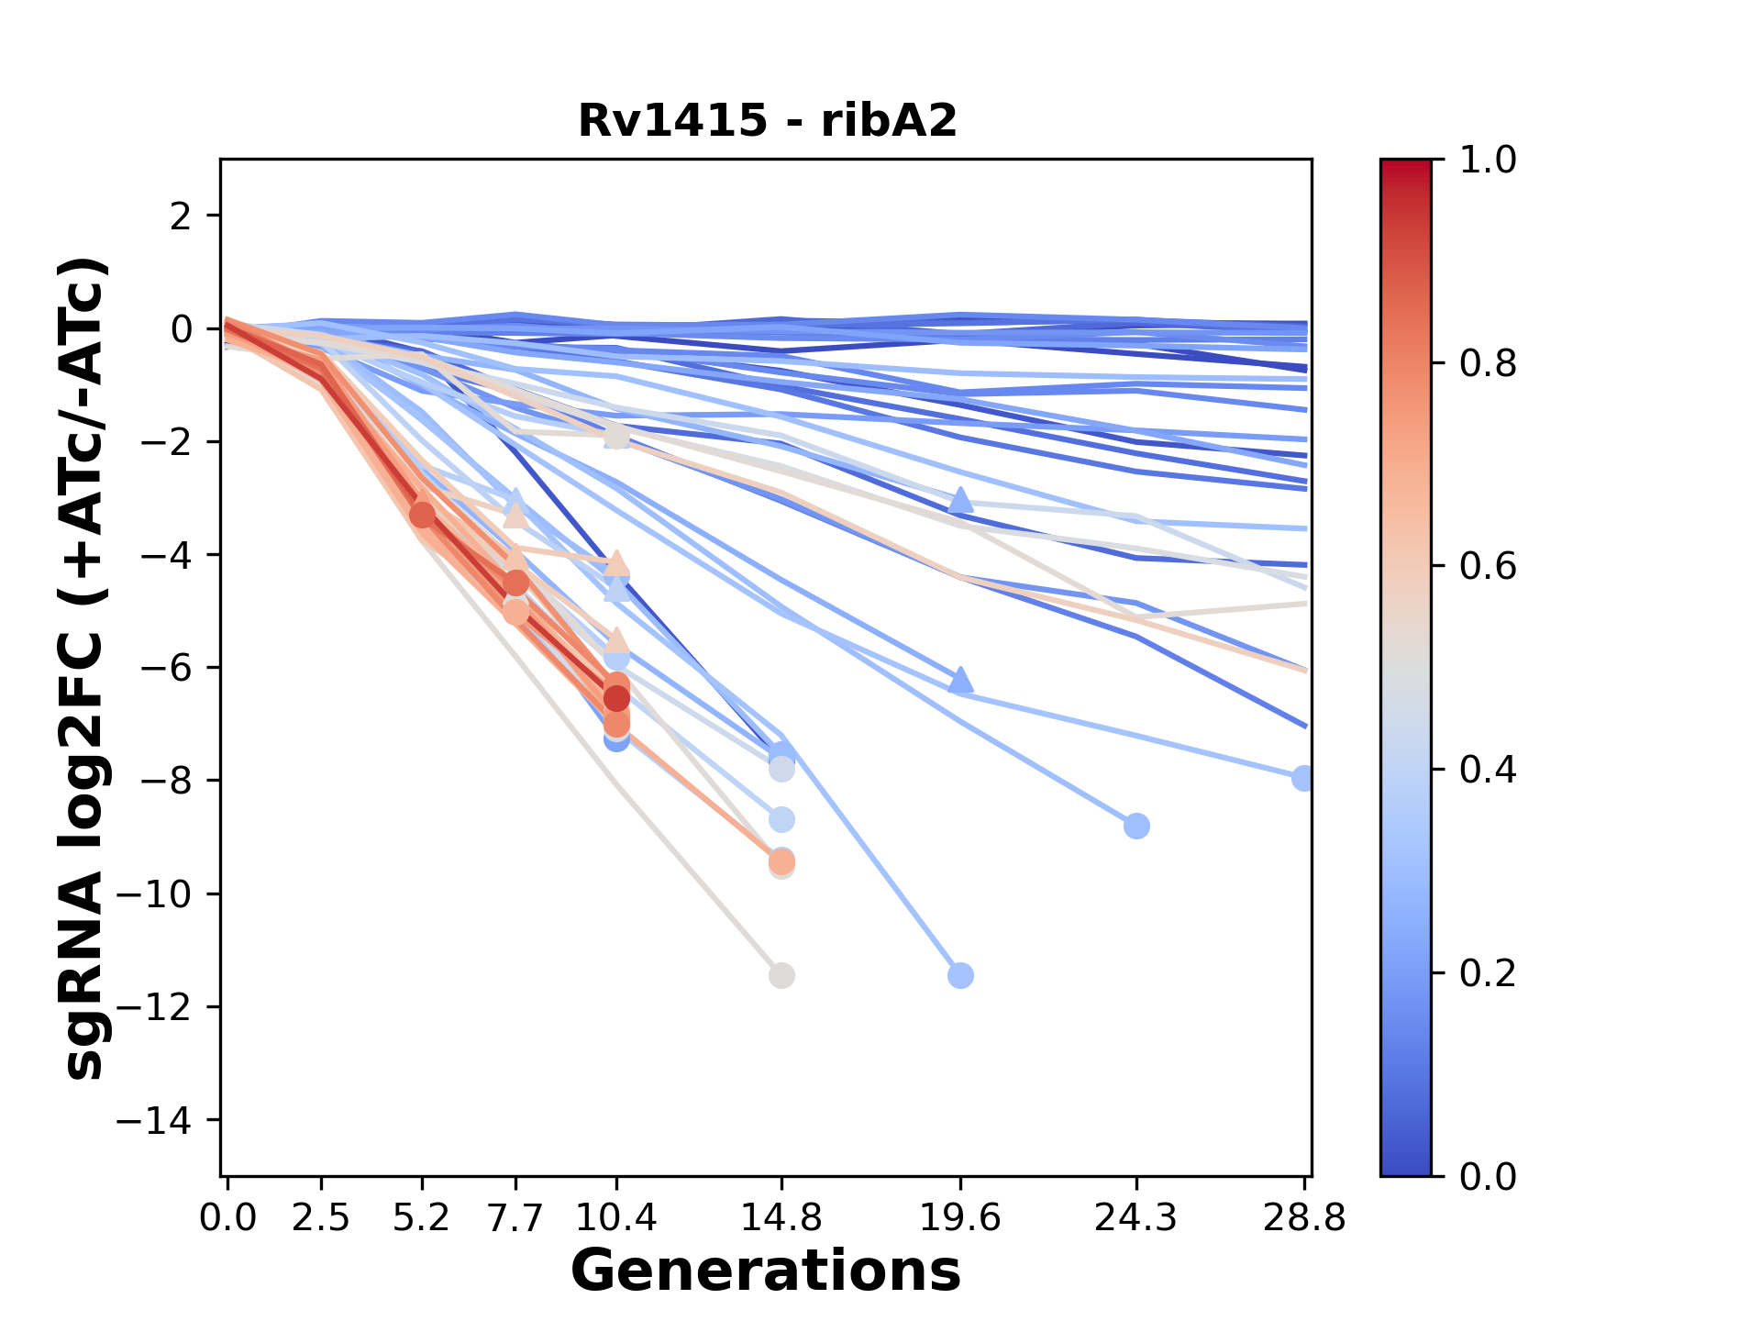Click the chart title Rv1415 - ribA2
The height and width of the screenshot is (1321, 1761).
click(x=767, y=120)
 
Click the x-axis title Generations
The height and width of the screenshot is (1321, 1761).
click(x=766, y=1271)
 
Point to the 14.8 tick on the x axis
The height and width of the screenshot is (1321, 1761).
click(x=781, y=1218)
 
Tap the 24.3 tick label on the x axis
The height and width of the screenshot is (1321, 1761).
click(x=1135, y=1218)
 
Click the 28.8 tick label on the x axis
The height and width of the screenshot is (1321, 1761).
click(x=1304, y=1218)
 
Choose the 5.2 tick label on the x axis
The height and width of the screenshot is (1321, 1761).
click(x=422, y=1218)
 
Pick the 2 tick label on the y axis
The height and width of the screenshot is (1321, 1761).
click(x=181, y=216)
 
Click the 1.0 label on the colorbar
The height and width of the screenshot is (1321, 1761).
click(x=1487, y=160)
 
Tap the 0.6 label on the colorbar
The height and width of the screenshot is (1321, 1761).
click(x=1487, y=566)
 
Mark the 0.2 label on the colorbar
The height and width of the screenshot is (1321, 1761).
click(x=1487, y=972)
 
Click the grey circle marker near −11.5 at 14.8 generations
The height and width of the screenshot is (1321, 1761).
click(x=781, y=975)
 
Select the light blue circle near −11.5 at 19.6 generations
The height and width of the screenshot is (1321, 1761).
click(x=960, y=975)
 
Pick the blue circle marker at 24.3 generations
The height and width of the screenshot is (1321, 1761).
click(x=1136, y=826)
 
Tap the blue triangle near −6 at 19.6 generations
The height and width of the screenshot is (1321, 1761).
click(x=960, y=681)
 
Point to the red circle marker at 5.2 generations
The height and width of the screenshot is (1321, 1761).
click(x=422, y=515)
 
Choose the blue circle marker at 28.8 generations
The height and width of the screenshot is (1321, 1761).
click(x=1302, y=778)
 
